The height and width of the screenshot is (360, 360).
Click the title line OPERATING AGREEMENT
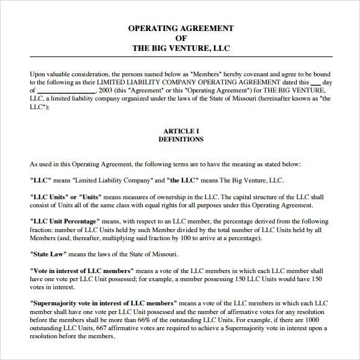[x=181, y=28]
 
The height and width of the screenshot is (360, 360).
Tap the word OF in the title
[x=181, y=38]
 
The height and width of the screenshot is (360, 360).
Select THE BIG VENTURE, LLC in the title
[x=181, y=48]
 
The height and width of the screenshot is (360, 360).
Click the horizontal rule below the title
[x=181, y=58]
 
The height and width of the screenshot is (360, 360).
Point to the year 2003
[x=106, y=90]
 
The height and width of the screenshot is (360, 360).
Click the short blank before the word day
[x=315, y=81]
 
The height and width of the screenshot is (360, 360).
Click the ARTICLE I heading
[x=181, y=131]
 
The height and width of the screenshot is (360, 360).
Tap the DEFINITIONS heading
[x=181, y=140]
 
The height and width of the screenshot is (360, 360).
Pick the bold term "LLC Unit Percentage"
[x=65, y=222]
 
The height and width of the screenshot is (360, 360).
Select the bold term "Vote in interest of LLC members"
[x=82, y=271]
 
